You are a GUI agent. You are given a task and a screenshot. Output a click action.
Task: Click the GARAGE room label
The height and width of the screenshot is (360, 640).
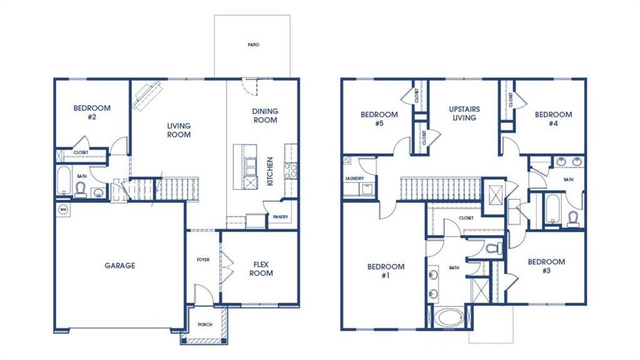click(x=120, y=266)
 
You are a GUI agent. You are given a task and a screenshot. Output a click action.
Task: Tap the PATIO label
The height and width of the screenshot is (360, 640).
click(x=253, y=45)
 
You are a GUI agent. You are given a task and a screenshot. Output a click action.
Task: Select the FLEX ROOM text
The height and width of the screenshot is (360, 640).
click(x=261, y=269)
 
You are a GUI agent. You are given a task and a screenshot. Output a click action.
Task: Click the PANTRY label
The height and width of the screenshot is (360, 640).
click(x=280, y=217)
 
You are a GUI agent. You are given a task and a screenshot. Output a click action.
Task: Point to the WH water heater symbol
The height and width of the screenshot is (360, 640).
click(x=63, y=209)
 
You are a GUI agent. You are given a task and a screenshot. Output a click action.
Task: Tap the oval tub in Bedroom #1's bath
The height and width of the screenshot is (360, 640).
click(x=448, y=317)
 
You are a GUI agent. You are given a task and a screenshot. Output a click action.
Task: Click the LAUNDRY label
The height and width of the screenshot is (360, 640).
click(x=355, y=179)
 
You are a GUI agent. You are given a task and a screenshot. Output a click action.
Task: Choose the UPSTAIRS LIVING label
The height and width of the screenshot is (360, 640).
click(x=464, y=113)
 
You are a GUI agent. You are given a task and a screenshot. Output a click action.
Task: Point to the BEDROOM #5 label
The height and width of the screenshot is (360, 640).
click(x=378, y=119)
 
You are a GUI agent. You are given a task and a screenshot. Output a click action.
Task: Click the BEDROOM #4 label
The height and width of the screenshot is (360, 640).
click(x=553, y=119)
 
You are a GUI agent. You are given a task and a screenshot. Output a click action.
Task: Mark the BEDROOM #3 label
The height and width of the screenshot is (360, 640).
click(x=546, y=266)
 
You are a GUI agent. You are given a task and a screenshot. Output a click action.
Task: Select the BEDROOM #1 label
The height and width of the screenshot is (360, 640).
click(x=386, y=271)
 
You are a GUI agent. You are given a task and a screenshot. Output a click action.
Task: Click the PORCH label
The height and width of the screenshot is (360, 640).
click(x=205, y=325)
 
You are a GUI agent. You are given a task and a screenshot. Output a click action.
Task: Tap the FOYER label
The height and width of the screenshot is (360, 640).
click(x=203, y=260)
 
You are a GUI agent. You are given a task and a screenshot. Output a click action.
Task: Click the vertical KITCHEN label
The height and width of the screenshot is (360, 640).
click(x=271, y=171)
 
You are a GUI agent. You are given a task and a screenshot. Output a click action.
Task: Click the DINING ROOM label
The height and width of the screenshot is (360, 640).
click(x=265, y=116)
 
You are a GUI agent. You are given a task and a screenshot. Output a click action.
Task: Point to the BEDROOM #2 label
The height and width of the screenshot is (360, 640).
click(x=92, y=113)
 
